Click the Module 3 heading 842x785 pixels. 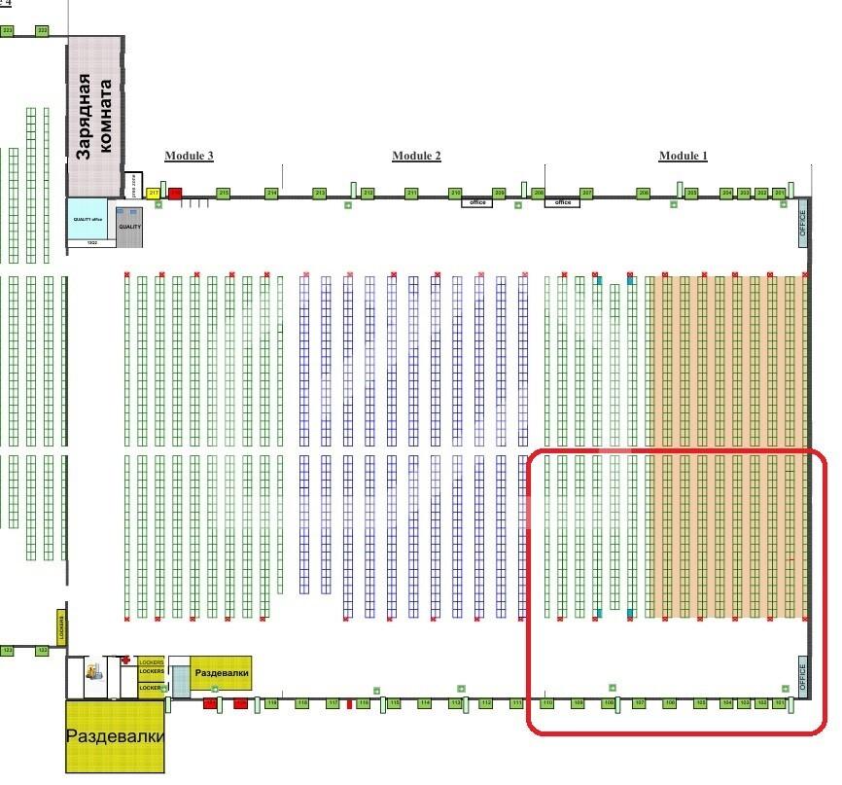(x=189, y=156)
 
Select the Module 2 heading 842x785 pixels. (x=416, y=156)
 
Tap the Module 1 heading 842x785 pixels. (x=684, y=156)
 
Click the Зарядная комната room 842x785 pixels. (x=95, y=116)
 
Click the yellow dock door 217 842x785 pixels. (x=153, y=194)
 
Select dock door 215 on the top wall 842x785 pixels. (x=224, y=194)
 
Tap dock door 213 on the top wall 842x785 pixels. (x=319, y=194)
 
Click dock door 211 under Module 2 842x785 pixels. (x=411, y=194)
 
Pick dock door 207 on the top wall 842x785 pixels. (x=586, y=194)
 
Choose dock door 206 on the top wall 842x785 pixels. (x=643, y=194)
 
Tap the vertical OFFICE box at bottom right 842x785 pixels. (x=803, y=677)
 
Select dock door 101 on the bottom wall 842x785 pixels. (x=779, y=702)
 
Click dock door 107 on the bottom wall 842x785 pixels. (x=640, y=702)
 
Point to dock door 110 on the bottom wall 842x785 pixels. (x=547, y=702)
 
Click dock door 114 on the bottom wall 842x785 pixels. (x=424, y=702)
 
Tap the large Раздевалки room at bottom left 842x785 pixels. (x=115, y=736)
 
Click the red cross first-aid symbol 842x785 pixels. (x=125, y=660)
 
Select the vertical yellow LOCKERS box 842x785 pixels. (x=60, y=627)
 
